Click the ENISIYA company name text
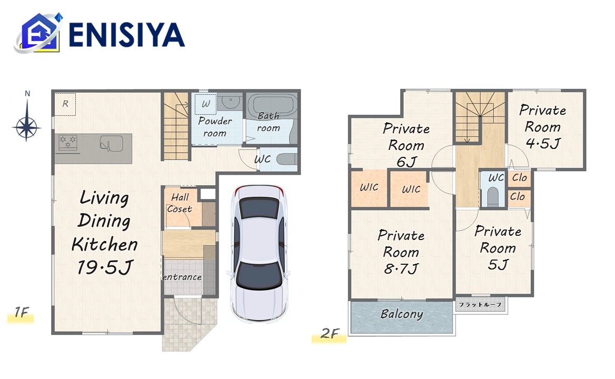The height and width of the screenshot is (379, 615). click(127, 35)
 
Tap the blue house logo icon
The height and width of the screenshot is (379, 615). click(38, 33)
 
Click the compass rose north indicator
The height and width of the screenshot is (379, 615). click(27, 116)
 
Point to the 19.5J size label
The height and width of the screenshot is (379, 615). click(105, 267)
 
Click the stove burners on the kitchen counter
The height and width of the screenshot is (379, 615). click(68, 142)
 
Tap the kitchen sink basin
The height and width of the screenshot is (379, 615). click(112, 143)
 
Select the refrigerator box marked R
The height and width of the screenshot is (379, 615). click(65, 104)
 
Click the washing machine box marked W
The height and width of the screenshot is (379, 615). click(205, 104)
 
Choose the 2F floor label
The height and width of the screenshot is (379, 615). click(330, 333)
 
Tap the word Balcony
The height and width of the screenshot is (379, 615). click(402, 314)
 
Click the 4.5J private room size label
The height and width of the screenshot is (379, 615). click(543, 144)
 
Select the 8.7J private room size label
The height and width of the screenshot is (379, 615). click(401, 269)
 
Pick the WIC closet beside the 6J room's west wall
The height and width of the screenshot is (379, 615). click(369, 188)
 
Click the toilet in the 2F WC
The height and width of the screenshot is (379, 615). click(493, 196)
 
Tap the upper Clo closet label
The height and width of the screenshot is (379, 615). click(519, 177)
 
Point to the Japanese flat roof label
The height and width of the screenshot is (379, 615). click(480, 305)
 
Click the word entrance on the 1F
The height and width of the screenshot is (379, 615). click(182, 277)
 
